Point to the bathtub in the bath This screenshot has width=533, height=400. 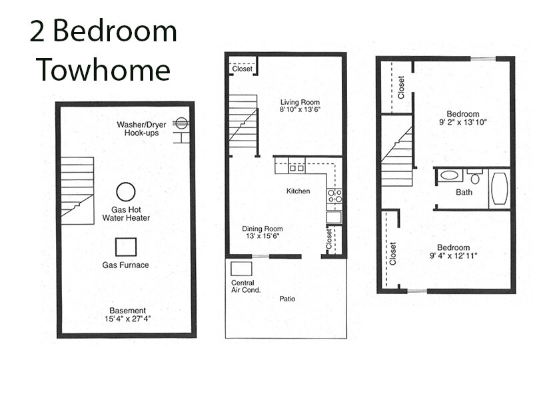point(500,188)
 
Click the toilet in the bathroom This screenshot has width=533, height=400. point(475,176)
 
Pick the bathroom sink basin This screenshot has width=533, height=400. point(449,176)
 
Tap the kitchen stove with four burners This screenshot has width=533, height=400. point(334,196)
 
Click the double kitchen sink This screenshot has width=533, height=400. point(296,168)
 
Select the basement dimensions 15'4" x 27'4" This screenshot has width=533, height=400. point(128,319)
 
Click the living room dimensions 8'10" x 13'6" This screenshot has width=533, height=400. point(300,109)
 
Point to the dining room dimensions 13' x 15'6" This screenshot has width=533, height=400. point(263,236)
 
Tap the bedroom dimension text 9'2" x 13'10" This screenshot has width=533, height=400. point(463,122)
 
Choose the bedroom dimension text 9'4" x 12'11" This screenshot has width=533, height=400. point(454,255)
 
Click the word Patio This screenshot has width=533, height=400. point(287,299)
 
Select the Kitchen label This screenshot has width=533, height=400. point(298,191)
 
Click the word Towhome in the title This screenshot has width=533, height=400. point(103,70)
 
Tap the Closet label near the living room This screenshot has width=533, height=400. point(243,69)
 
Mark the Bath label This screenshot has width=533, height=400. point(464,193)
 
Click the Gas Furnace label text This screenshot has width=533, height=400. point(125,265)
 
